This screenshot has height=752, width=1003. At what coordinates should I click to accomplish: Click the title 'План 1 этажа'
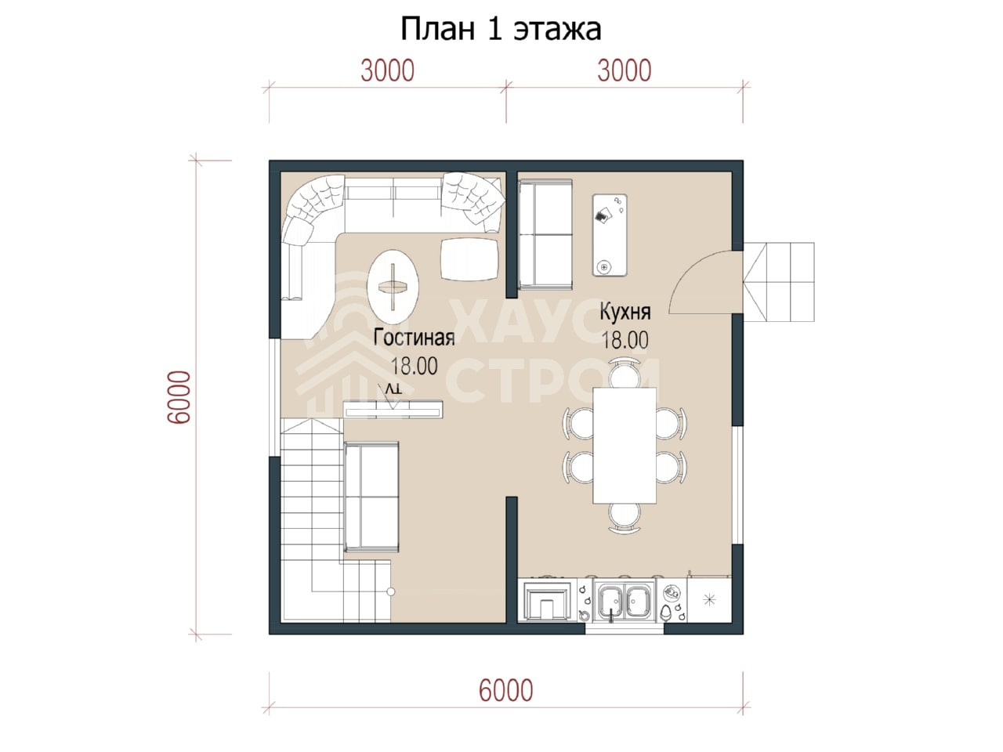[501, 29]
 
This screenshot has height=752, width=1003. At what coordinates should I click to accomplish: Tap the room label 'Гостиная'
[414, 338]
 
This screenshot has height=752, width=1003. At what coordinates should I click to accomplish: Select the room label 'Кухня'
[625, 312]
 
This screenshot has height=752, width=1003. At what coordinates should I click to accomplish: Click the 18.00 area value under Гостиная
[414, 366]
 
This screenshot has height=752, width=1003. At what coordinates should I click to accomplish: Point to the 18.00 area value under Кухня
[625, 340]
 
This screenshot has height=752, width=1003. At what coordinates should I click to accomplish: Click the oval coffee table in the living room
[393, 287]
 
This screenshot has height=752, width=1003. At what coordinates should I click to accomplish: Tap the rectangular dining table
[625, 446]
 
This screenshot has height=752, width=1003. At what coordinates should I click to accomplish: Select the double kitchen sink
[625, 602]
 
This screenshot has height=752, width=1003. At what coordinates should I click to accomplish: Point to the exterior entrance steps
[779, 282]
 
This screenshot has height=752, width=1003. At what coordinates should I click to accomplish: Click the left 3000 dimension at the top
[388, 70]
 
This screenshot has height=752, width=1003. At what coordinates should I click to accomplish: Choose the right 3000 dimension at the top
[625, 70]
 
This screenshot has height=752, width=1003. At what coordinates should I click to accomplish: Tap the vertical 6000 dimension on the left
[179, 397]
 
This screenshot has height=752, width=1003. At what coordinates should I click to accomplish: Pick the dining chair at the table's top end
[625, 373]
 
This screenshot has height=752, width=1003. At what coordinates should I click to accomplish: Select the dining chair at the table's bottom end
[625, 519]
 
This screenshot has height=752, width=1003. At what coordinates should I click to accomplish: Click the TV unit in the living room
[393, 409]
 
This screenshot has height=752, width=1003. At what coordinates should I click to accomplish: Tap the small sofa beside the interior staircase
[371, 497]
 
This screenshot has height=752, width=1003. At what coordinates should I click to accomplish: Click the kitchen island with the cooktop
[610, 235]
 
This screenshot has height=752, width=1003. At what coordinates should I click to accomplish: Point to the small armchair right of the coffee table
[469, 259]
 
